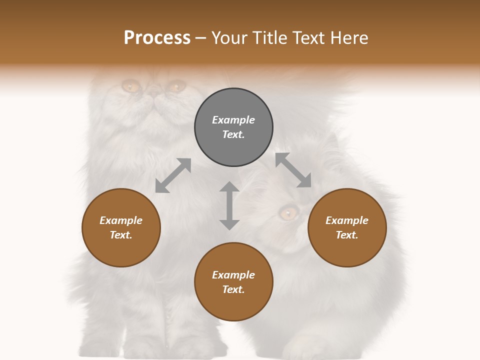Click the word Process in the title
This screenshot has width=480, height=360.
pyautogui.click(x=157, y=38)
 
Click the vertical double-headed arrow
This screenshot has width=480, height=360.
pyautogui.click(x=229, y=205)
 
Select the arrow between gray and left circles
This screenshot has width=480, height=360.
pyautogui.click(x=173, y=175)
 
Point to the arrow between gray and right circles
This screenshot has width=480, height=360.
pyautogui.click(x=293, y=170)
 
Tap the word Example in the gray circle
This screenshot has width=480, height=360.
pyautogui.click(x=233, y=120)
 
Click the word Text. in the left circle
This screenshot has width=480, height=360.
pyautogui.click(x=121, y=235)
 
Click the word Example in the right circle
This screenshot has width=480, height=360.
pyautogui.click(x=347, y=220)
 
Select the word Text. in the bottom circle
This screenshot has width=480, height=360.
pyautogui.click(x=233, y=289)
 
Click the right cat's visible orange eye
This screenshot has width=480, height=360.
pyautogui.click(x=287, y=213)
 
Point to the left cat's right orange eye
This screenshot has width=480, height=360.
pyautogui.click(x=174, y=87)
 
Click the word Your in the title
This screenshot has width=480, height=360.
pyautogui.click(x=227, y=38)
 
